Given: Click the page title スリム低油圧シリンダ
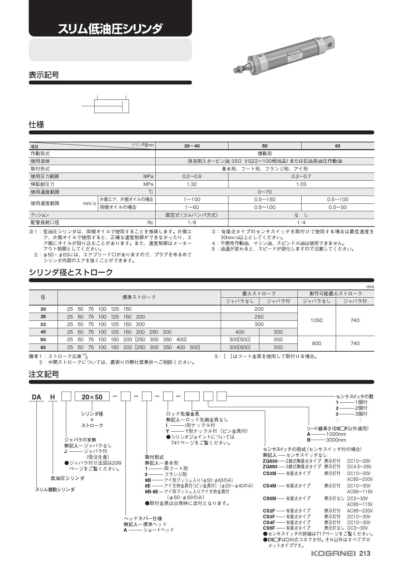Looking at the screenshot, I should click(110, 29).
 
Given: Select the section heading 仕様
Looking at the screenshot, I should click(36, 125).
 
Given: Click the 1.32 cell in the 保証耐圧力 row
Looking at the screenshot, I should click(192, 184).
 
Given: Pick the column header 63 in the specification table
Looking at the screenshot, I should click(337, 146).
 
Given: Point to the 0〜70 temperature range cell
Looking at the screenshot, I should click(265, 192).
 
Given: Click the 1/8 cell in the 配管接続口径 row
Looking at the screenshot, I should click(192, 223).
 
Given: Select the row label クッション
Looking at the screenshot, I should click(40, 215).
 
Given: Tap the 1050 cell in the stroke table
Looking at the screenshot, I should click(317, 320).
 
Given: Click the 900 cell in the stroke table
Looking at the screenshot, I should click(317, 343).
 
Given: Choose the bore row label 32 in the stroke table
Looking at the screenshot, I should click(43, 324).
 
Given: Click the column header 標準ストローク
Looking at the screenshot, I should click(139, 297).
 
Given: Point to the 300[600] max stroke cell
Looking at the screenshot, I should click(240, 347).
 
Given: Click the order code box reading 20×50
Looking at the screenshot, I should click(92, 397).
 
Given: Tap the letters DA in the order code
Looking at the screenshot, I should click(36, 397).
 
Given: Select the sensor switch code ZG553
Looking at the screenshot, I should click(270, 466).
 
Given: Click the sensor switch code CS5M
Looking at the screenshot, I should click(269, 498).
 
